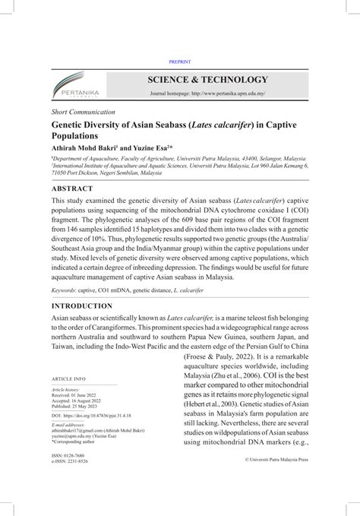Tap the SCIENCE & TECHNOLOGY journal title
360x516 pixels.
click(207, 79)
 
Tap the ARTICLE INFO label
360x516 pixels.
click(68, 378)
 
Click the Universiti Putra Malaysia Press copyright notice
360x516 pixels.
click(276, 460)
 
